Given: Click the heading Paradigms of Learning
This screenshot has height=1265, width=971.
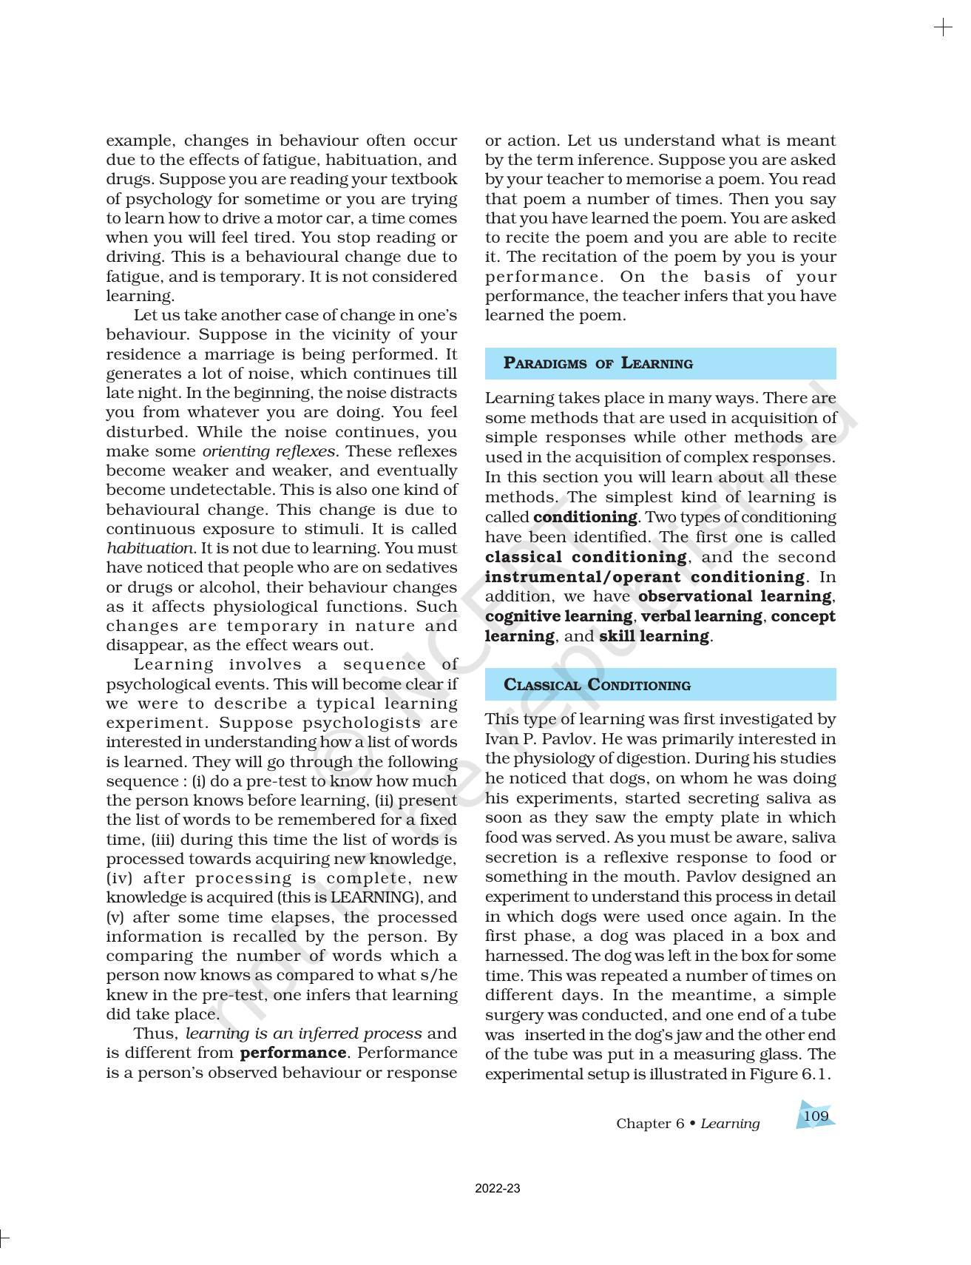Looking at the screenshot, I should (x=598, y=363).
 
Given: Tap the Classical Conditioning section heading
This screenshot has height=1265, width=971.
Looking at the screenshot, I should (x=596, y=685).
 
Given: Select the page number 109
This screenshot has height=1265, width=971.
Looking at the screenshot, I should (x=815, y=1116).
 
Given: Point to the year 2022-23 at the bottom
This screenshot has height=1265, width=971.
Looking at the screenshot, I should (x=497, y=1189).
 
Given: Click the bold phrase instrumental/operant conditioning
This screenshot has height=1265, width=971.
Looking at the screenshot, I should (x=645, y=577).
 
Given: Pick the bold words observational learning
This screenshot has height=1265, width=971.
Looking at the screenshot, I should (x=734, y=596).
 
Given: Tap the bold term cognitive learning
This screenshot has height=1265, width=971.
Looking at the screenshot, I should (x=558, y=616).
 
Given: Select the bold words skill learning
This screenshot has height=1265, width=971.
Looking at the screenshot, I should (x=654, y=636).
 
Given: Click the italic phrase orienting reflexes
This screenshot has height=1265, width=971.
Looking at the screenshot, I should (x=269, y=451).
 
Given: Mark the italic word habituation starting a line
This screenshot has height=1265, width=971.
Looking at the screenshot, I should (x=149, y=548).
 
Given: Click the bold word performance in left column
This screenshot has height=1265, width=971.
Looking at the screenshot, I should (x=294, y=1053).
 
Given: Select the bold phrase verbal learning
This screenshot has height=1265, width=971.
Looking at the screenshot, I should (x=701, y=616).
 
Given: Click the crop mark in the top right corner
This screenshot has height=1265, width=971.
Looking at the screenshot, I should (x=943, y=28).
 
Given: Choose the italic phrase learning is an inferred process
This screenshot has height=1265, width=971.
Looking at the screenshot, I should (x=303, y=1033).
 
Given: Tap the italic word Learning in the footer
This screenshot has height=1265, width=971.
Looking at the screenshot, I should (x=730, y=1124).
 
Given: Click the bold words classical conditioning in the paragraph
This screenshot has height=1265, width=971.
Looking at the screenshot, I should (x=586, y=557).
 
